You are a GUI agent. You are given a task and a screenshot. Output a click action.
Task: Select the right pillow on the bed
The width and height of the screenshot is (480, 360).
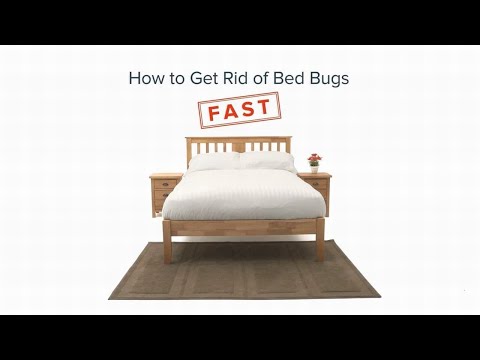click(x=267, y=160)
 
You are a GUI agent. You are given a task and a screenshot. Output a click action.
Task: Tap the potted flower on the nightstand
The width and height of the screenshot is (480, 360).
click(x=314, y=161)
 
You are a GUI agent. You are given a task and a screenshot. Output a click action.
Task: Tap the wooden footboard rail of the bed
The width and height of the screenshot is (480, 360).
click(x=244, y=227)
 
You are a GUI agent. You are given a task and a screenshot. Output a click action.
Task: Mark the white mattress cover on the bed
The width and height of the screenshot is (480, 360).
click(x=243, y=192)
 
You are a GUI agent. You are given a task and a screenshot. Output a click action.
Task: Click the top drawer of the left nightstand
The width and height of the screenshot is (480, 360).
click(x=162, y=183)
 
